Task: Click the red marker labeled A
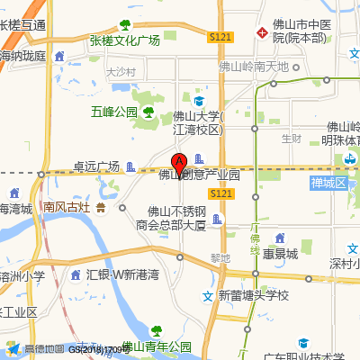pos(179,164)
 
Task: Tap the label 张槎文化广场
pos(124,40)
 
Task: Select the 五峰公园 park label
pos(113,112)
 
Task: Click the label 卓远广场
pos(96,166)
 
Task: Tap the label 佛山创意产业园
pos(200,175)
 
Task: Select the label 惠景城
pos(280,254)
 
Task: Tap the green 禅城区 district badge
pos(328,184)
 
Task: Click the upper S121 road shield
pos(220,37)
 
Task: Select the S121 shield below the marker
pos(222,193)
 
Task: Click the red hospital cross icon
pos(262,32)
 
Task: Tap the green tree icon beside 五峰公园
pos(148,112)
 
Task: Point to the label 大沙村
pos(120,71)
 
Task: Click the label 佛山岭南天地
pos(254,67)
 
